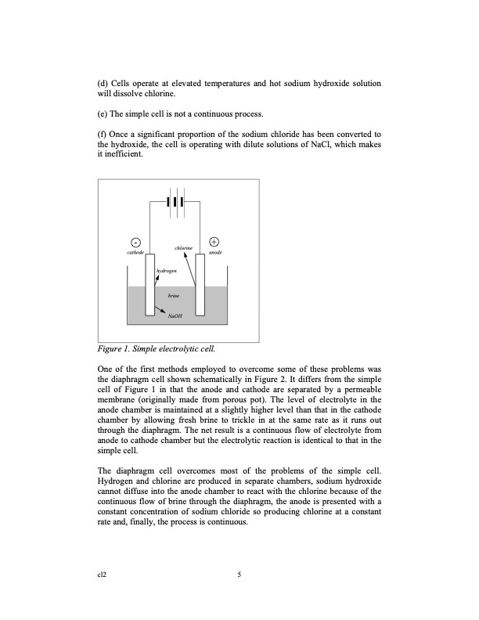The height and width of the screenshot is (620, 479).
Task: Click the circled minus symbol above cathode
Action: tap(135, 242)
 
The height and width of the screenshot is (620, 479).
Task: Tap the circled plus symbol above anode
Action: tap(215, 242)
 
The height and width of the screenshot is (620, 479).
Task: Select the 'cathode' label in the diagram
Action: tap(135, 253)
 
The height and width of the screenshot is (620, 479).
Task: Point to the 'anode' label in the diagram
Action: tap(216, 253)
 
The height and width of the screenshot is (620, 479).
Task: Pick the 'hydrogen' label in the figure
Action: tap(166, 270)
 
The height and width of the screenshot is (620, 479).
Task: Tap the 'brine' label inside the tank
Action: tap(174, 296)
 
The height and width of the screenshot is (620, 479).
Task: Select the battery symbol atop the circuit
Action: tap(177, 200)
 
